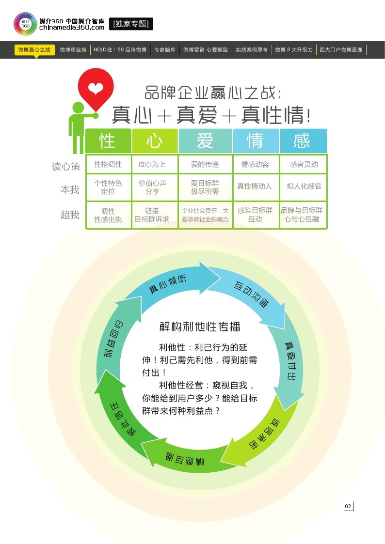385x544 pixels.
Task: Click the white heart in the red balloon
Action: click(x=96, y=88)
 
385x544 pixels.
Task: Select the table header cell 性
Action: click(x=108, y=141)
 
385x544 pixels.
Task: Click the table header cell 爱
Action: click(x=205, y=141)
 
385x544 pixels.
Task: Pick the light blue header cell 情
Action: click(x=256, y=141)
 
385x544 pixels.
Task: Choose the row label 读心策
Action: click(x=66, y=166)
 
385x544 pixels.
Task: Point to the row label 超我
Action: click(x=70, y=215)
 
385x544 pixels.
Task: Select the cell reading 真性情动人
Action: click(x=255, y=186)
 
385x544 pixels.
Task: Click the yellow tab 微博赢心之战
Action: click(x=34, y=49)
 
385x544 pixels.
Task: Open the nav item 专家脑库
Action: click(x=165, y=49)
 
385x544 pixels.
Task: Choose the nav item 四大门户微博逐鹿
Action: click(x=341, y=49)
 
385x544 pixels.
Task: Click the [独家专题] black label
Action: click(x=131, y=23)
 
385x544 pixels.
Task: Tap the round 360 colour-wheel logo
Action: click(x=25, y=24)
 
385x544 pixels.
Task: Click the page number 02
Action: click(x=348, y=506)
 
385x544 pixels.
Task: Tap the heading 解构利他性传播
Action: click(x=200, y=326)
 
